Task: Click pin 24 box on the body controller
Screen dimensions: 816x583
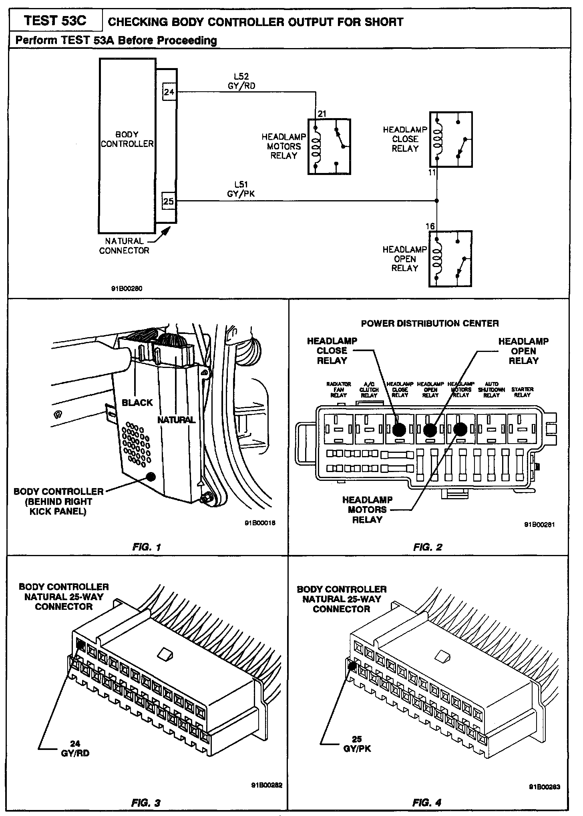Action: coord(169,92)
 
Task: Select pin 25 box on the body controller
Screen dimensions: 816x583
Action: coord(169,201)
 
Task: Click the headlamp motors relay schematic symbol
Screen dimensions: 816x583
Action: coord(329,147)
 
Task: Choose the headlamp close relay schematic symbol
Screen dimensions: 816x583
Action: coord(451,139)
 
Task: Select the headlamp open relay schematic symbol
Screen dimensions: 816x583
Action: coord(450,259)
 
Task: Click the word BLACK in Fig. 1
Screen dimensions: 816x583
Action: coord(137,402)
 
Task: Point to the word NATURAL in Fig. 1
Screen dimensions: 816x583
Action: coord(176,420)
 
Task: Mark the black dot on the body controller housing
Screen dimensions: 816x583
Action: coord(151,476)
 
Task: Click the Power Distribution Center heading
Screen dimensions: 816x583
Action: coord(430,323)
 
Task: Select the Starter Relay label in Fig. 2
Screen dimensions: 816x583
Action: coord(522,392)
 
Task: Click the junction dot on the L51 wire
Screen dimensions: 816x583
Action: coord(437,201)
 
